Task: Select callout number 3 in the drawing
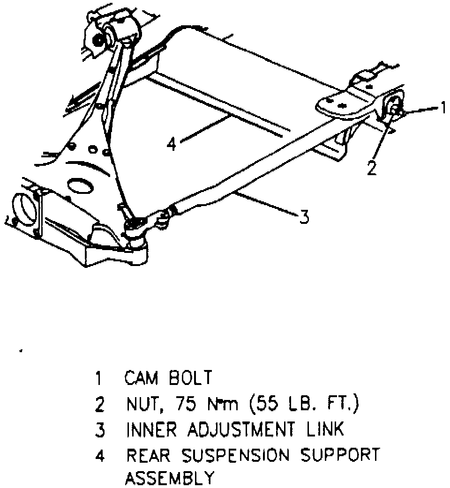coord(304,217)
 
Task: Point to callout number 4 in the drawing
coord(172,143)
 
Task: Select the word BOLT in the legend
coord(190,378)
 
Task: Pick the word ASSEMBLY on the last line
coord(169,478)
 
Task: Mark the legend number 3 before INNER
coord(99,430)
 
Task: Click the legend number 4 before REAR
coord(99,455)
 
